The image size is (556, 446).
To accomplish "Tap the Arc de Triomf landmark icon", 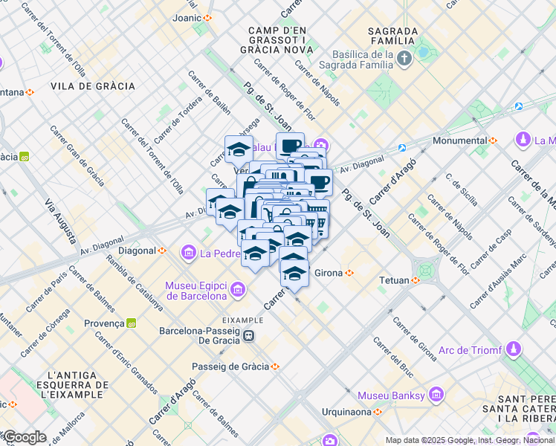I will [514, 349].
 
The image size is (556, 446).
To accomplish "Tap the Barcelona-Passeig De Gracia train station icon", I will [250, 335].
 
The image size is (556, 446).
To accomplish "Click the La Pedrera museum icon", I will [188, 254].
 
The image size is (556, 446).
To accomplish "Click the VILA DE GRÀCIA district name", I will [93, 86].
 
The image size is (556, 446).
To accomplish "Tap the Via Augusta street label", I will [59, 222].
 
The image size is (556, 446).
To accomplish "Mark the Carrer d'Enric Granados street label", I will [126, 362].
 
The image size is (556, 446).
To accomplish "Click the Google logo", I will [25, 437].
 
